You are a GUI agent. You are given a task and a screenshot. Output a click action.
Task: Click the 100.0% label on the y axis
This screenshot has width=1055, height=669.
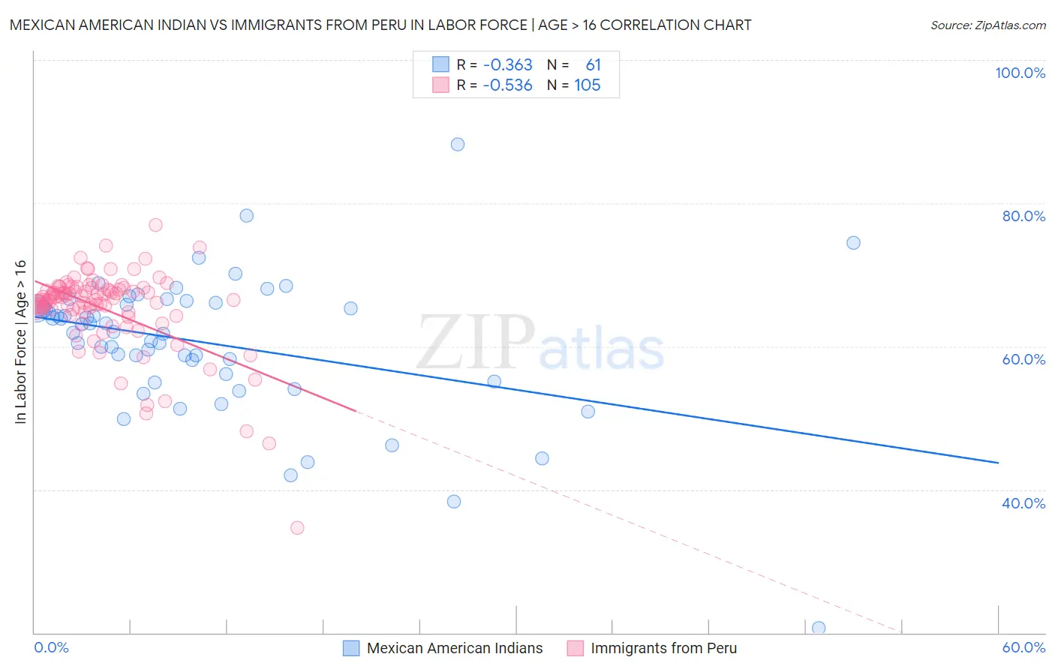pos(1020,73)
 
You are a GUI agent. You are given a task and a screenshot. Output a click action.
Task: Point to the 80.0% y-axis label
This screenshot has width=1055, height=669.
pos(1023,216)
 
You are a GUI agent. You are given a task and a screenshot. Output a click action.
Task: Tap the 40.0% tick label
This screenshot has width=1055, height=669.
pos(1023,502)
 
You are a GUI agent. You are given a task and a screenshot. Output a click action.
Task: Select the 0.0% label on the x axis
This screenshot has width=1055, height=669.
pos(51,647)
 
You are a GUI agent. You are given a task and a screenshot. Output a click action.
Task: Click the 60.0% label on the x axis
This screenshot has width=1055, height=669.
pos(1023,647)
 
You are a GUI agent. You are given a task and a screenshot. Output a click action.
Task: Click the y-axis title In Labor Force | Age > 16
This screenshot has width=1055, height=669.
pos(20,342)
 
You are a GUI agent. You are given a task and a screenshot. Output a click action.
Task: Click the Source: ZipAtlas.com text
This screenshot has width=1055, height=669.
pos(987,25)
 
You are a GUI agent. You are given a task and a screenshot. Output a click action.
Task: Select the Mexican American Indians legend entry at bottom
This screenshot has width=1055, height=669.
pos(454,648)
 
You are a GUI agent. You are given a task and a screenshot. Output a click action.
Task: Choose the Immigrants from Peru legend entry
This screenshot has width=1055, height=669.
pos(663,648)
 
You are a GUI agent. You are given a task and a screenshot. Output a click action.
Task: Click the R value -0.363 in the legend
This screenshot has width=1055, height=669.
pos(507,65)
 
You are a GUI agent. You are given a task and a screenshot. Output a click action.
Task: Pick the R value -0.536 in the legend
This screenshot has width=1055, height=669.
pos(507,85)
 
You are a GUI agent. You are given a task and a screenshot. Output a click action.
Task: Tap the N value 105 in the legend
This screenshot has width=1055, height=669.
pos(587,85)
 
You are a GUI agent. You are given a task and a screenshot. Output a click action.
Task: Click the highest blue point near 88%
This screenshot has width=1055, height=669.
pos(458,144)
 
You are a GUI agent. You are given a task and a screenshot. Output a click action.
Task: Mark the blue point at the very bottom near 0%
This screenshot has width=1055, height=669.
pos(819,628)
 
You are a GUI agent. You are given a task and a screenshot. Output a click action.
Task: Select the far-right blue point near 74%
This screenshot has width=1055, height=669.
pos(853,243)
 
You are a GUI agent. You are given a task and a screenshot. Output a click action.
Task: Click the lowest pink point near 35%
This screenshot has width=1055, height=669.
pos(297,528)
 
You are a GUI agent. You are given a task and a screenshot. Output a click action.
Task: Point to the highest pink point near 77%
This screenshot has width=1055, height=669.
pos(155,225)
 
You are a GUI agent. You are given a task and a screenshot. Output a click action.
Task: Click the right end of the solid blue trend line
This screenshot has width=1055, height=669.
pos(998,463)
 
